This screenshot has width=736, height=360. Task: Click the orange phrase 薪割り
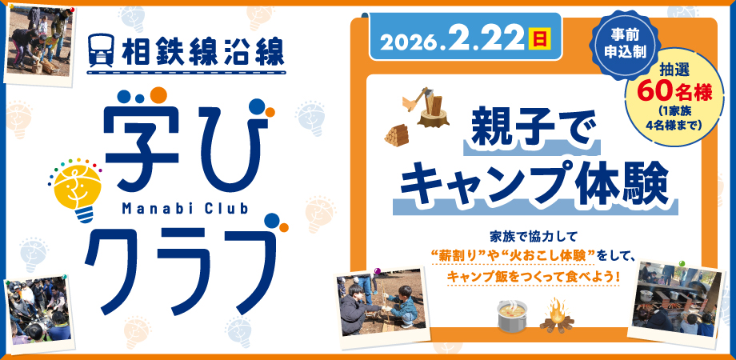click(x=458, y=256)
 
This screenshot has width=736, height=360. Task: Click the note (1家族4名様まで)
click(x=671, y=118)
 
